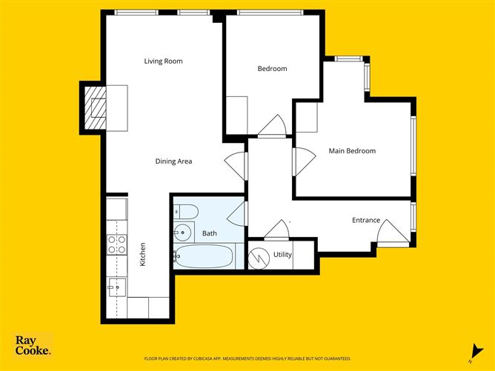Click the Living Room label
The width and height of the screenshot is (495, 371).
(x=163, y=61)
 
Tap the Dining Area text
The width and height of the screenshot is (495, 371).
(x=174, y=161)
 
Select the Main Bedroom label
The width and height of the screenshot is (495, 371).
(x=352, y=151)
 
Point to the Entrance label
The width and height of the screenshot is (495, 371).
(x=366, y=220)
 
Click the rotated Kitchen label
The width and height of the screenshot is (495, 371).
(x=143, y=255)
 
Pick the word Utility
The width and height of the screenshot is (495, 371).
(x=282, y=255)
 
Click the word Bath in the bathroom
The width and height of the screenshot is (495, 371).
(x=210, y=233)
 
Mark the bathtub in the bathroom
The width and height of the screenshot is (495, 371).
(x=204, y=257)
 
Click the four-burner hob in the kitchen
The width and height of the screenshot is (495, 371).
(x=116, y=244)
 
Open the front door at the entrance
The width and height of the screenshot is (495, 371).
(x=393, y=233)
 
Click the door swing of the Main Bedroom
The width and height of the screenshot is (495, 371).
(x=302, y=161)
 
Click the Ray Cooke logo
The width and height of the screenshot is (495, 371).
(x=33, y=346)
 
